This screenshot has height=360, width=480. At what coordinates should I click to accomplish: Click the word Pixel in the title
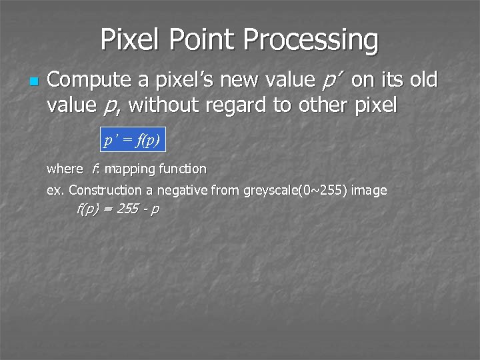[x=131, y=40]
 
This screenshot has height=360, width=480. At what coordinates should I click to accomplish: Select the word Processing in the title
[x=311, y=40]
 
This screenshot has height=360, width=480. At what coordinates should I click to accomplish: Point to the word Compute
[x=89, y=81]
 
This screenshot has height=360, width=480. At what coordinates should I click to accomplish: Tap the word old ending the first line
[x=423, y=81]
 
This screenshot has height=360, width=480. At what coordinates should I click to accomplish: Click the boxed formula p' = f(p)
[x=132, y=140]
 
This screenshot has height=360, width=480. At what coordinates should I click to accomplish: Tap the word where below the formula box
[x=64, y=169]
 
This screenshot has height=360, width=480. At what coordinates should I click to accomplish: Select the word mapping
[x=129, y=169]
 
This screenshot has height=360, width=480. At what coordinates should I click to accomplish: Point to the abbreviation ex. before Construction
[x=55, y=191]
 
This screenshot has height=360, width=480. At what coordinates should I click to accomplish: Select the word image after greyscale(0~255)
[x=369, y=191]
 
